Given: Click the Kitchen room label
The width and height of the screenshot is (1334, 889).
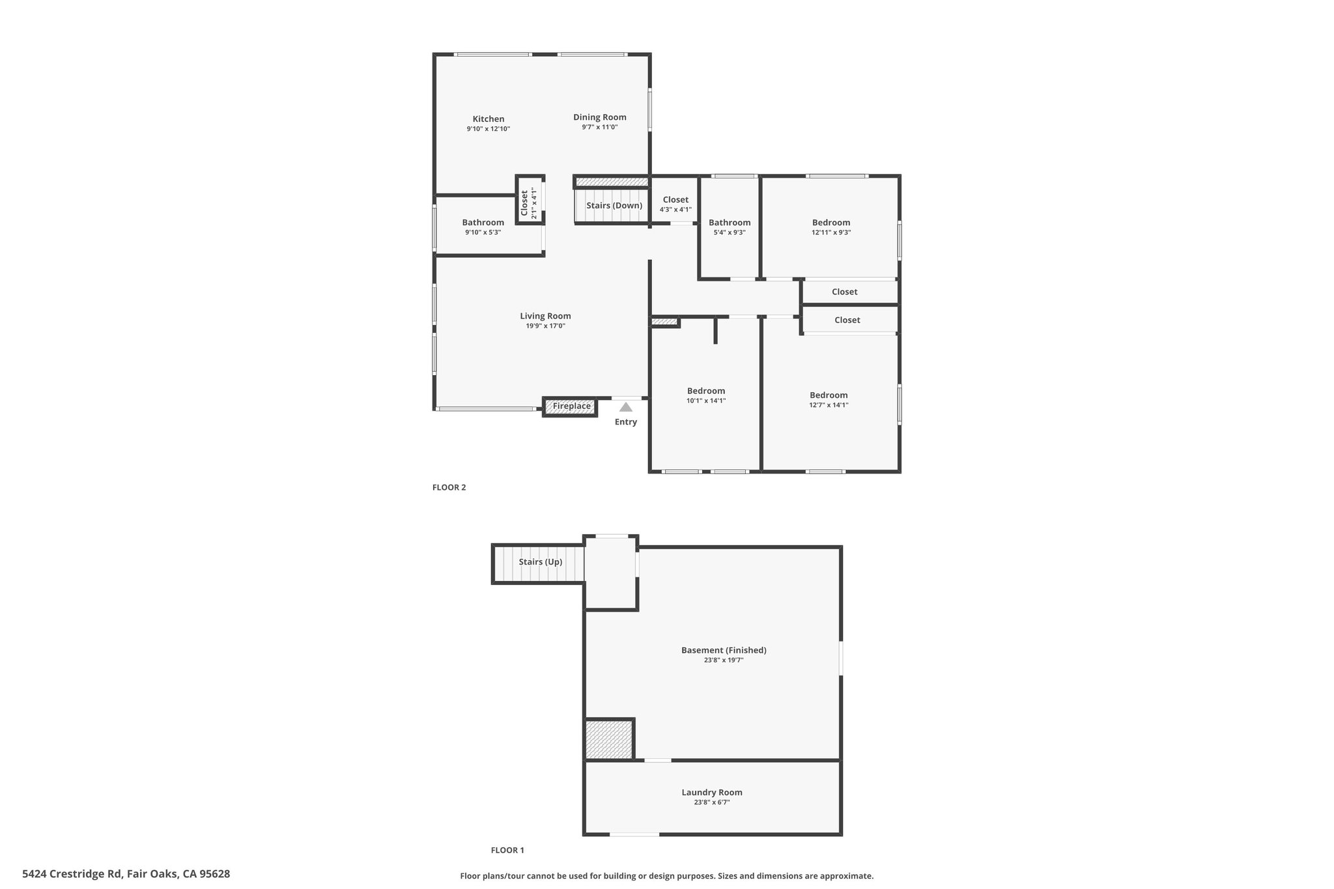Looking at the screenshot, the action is pos(488,119).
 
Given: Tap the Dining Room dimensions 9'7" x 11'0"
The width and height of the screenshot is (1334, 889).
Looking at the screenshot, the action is pos(600,128).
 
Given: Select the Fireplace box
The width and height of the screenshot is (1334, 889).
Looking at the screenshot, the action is pos(570,406).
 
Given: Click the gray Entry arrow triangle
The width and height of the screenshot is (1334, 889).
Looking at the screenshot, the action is pos(626,407).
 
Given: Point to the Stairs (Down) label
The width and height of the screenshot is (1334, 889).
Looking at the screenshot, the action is pos(614,206).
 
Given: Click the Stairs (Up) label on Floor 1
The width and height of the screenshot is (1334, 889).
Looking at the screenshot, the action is pos(541,562).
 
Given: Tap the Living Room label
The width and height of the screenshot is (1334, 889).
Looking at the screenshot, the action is pos(545,317).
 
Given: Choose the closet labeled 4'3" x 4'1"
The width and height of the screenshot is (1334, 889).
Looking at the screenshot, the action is pos(675,205).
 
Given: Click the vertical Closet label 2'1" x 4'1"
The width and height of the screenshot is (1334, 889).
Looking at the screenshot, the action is pos(528,203).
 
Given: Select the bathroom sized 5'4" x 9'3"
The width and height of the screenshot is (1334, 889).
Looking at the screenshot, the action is pos(730,227).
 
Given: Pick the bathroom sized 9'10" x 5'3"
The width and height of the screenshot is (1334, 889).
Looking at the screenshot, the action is pos(483,227).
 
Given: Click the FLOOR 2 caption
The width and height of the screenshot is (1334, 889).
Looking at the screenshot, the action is pos(449,487).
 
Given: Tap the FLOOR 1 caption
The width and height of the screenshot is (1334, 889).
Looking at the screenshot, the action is pos(507,850).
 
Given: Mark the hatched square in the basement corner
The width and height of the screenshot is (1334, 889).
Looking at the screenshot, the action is pos(610,739).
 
